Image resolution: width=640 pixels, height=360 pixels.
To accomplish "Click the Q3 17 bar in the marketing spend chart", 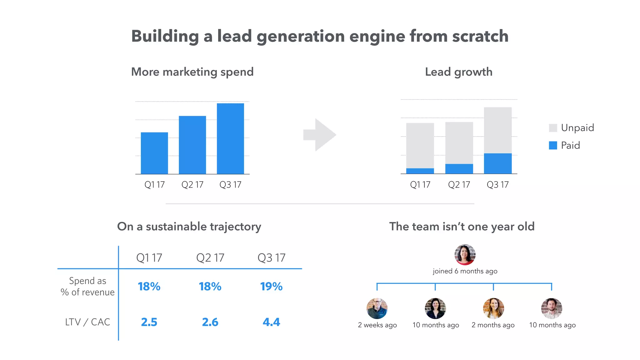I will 230,138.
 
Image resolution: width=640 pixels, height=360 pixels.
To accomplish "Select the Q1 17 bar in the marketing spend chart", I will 154,153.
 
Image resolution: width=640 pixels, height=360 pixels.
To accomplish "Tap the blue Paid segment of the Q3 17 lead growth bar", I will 497,163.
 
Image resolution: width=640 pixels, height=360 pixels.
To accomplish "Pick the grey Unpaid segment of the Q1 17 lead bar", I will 420,146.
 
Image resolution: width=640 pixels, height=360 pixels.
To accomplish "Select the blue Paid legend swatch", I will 553,145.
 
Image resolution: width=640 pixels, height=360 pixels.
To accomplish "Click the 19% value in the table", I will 271,286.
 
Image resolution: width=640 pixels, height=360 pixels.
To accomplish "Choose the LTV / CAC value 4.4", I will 271,322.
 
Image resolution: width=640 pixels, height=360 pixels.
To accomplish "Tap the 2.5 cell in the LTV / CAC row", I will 149,322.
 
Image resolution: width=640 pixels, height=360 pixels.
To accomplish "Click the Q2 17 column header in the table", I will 210,258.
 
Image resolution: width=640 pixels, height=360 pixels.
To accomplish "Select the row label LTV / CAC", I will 87,322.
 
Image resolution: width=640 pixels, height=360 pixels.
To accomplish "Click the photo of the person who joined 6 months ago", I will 465,255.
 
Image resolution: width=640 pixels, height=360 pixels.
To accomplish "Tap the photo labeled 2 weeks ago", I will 377,308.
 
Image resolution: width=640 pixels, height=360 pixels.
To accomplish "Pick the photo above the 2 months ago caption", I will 493,308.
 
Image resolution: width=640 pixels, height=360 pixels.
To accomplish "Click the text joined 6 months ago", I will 465,271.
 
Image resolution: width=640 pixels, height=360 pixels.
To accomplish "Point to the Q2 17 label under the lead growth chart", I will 459,185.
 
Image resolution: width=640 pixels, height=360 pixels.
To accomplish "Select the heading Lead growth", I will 458,72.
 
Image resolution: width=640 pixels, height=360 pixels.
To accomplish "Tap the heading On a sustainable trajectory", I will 189,227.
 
